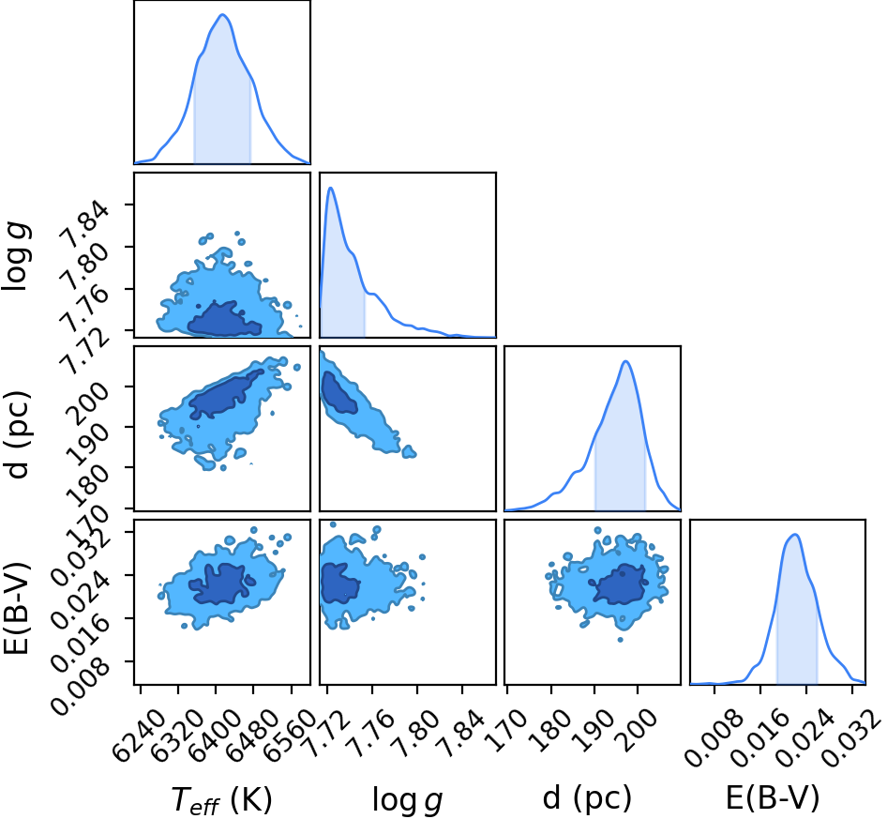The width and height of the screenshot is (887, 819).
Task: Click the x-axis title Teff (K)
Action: tap(221, 799)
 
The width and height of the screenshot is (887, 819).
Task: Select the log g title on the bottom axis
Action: tap(407, 799)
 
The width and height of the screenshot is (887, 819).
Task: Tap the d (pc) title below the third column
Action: tap(587, 798)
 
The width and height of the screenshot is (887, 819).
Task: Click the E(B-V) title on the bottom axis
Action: tap(773, 798)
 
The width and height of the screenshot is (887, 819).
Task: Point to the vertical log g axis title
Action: tap(17, 256)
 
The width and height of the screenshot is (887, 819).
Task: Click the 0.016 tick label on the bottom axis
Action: tap(760, 736)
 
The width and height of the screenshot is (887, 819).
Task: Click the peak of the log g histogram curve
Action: tap(331, 188)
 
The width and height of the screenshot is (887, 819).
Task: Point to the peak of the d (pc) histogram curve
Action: tap(625, 361)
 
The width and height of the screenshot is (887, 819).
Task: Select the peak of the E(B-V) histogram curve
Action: tap(795, 535)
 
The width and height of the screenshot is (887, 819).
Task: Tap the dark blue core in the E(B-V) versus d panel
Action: tap(620, 584)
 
